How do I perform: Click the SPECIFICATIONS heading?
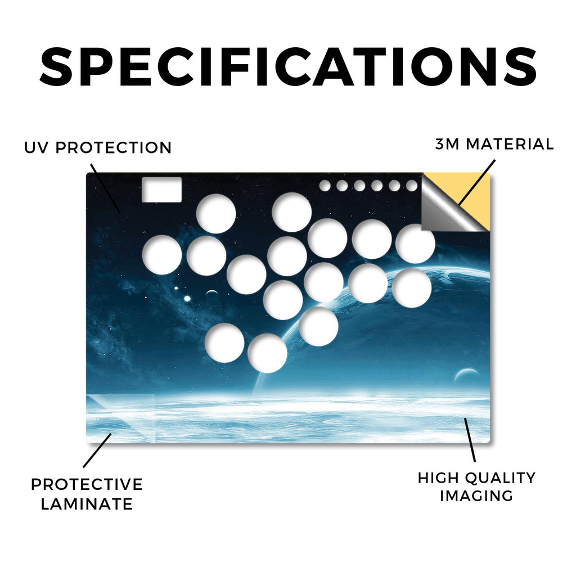tap(288, 67)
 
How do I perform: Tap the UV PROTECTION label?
tap(98, 148)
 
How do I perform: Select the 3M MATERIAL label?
tap(494, 144)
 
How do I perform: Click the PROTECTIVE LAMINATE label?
tap(87, 494)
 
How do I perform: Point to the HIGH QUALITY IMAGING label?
tap(476, 487)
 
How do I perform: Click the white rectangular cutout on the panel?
tap(161, 190)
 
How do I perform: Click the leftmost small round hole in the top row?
tap(325, 186)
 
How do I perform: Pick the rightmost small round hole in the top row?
tap(412, 186)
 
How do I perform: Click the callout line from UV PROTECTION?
tap(105, 188)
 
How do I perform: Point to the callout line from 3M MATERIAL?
tap(477, 182)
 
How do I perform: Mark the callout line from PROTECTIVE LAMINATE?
tap(97, 451)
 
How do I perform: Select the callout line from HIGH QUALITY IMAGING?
tap(470, 440)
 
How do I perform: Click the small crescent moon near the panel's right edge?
tap(466, 375)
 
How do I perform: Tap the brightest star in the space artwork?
tap(187, 299)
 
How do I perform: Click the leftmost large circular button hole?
tap(162, 255)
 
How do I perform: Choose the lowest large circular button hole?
tap(267, 353)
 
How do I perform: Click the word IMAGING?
tap(476, 496)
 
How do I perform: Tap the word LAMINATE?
tap(87, 504)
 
